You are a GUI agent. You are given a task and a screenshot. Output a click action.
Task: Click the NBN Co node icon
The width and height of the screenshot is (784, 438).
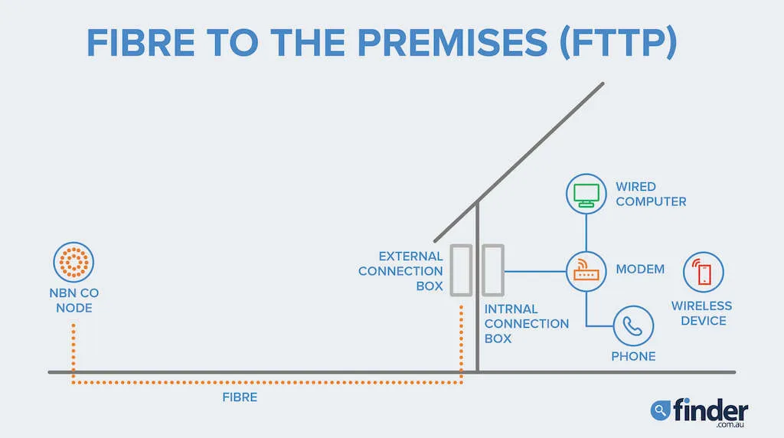pyautogui.click(x=73, y=262)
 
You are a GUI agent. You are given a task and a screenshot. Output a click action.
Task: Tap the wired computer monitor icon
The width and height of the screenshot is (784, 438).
pyautogui.click(x=586, y=194)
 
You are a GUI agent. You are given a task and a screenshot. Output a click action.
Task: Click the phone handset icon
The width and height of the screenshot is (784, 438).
pyautogui.click(x=633, y=326)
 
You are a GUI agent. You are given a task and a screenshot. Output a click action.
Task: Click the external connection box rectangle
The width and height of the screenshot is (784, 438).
pyautogui.click(x=461, y=270)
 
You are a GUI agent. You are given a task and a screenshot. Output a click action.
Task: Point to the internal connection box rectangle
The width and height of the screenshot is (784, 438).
pyautogui.click(x=492, y=270)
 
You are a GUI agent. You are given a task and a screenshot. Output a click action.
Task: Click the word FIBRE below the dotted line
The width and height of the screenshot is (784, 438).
pyautogui.click(x=240, y=397)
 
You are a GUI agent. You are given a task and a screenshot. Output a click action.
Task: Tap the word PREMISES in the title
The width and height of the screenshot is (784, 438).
pyautogui.click(x=453, y=43)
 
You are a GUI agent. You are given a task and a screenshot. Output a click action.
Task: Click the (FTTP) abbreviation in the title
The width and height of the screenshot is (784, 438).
pyautogui.click(x=619, y=43)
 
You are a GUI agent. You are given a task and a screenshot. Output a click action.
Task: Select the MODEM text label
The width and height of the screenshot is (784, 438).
pyautogui.click(x=640, y=269)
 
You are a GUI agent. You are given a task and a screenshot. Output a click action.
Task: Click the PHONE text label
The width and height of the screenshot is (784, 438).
pyautogui.click(x=633, y=357)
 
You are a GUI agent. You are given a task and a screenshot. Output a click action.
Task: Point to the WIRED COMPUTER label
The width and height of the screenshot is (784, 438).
pyautogui.click(x=651, y=194)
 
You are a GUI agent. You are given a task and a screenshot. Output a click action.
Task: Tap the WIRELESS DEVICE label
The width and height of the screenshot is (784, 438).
pyautogui.click(x=702, y=313)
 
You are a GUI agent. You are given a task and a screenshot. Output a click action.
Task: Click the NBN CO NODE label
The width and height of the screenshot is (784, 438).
pyautogui.click(x=74, y=300)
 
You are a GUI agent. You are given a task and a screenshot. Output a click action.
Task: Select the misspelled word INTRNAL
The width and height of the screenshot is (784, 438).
pyautogui.click(x=511, y=309)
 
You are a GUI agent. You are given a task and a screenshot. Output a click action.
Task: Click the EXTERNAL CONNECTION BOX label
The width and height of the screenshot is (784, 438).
pyautogui.click(x=400, y=271)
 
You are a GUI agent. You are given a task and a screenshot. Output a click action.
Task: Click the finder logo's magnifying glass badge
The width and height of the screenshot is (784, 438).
pyautogui.click(x=660, y=410)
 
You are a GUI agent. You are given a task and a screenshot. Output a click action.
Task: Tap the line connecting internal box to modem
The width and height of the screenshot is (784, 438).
pyautogui.click(x=535, y=272)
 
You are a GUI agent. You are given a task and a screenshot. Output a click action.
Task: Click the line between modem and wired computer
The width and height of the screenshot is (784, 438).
pyautogui.click(x=586, y=233)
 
